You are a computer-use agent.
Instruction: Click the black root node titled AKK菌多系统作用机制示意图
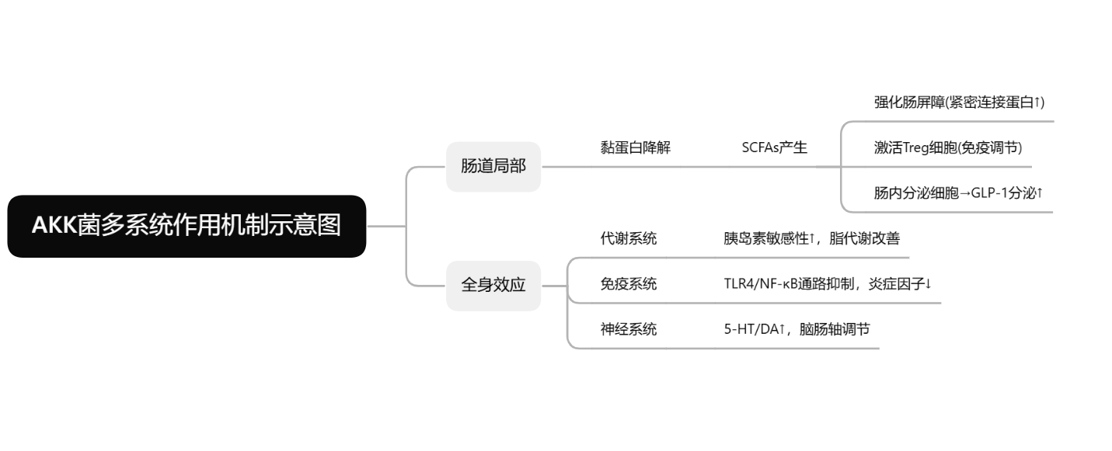point(186,226)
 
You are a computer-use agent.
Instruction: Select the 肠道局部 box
point(493,167)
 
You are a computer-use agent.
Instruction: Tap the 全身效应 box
point(493,286)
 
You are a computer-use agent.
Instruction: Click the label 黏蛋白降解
point(636,147)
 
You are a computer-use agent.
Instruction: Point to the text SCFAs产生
point(775,147)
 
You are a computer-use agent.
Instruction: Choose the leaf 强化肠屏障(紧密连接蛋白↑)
point(959,102)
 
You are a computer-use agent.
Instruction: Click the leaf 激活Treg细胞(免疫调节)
point(948,147)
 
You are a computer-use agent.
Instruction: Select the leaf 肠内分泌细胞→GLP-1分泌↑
point(958,193)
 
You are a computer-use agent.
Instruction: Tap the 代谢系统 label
point(629,238)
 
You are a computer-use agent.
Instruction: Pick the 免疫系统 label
point(629,284)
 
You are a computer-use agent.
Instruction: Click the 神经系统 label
point(629,329)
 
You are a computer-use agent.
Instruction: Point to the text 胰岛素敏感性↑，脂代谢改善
point(812,238)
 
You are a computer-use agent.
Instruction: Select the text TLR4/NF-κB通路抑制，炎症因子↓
point(828,284)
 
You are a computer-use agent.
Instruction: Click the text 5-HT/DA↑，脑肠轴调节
point(797,329)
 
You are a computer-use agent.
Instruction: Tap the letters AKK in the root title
point(54,225)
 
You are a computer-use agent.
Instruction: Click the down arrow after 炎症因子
point(928,284)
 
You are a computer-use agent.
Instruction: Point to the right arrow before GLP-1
point(964,193)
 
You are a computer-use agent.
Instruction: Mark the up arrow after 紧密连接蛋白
point(1037,102)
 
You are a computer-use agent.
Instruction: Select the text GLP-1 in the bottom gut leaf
point(989,193)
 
